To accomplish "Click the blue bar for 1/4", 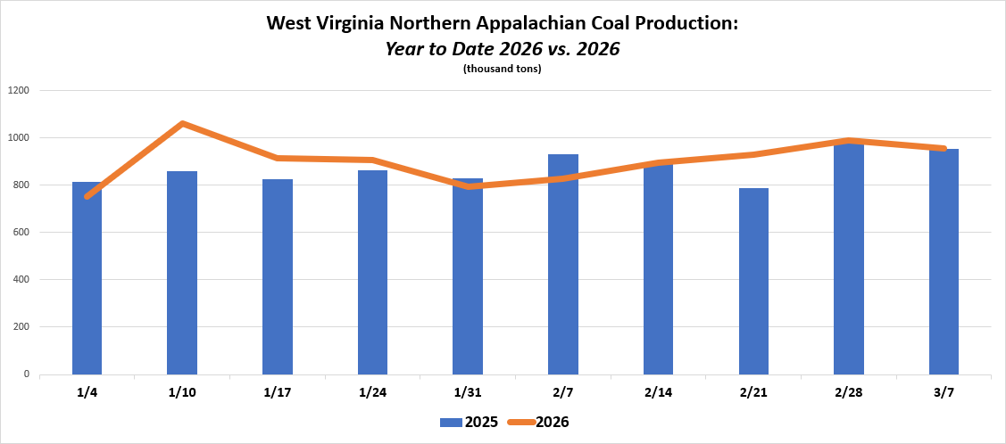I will [87, 285].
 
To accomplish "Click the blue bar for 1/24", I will [372, 272].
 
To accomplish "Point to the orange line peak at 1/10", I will [182, 124].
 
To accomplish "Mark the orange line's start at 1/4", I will [87, 195].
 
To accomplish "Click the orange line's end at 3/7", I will [944, 148].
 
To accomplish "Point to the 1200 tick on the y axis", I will [19, 90].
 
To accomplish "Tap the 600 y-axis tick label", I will [21, 232].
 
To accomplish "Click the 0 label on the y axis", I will [28, 374].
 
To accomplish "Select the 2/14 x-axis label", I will [658, 392].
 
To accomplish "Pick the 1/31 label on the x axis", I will [468, 392].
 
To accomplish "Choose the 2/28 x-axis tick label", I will [848, 392].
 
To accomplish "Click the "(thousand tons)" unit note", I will [503, 69].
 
